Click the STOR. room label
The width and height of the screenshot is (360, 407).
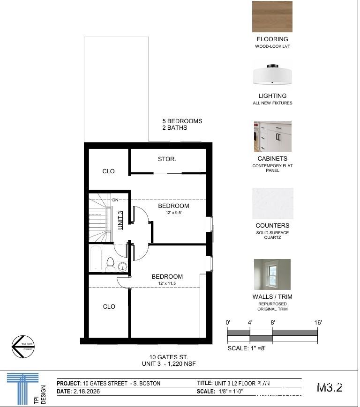point(167,159)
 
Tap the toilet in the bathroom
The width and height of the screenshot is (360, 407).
point(110,265)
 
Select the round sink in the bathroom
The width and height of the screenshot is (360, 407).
point(122,267)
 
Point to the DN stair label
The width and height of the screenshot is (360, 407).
point(115,200)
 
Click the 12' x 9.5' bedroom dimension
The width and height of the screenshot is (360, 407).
point(173,213)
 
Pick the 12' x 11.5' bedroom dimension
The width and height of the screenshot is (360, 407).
point(167,284)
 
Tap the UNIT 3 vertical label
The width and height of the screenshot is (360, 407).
point(120,220)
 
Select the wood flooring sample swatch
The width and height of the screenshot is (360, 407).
point(272,16)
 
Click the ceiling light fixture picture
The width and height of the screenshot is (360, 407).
point(272,74)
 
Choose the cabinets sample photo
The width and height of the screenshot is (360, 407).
point(272,136)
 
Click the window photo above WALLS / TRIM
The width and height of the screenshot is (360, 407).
point(272,274)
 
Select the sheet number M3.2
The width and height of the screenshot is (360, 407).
point(330,388)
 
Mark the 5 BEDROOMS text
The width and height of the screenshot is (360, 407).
point(182,121)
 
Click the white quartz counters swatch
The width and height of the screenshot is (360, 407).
point(272,203)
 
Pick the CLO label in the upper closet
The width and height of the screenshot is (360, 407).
point(108,171)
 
